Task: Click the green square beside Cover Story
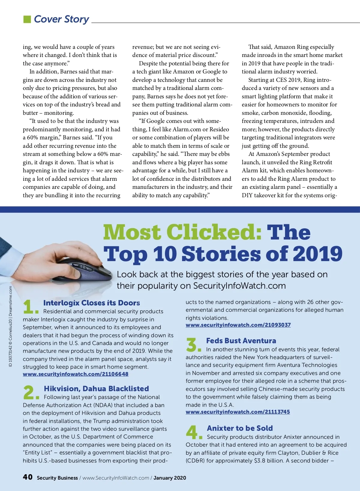[27, 19]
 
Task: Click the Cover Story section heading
[61, 19]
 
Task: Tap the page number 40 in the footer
[28, 477]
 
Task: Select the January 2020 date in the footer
[170, 478]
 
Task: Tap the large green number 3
[192, 344]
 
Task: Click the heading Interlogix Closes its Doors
[91, 303]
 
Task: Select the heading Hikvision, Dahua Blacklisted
[96, 388]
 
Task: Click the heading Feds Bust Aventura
[241, 341]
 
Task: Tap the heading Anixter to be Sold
[240, 428]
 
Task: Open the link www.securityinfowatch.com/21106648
[76, 374]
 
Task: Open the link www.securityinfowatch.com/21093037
[238, 325]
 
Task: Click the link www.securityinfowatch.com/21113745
[238, 412]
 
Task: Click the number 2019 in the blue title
[317, 254]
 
